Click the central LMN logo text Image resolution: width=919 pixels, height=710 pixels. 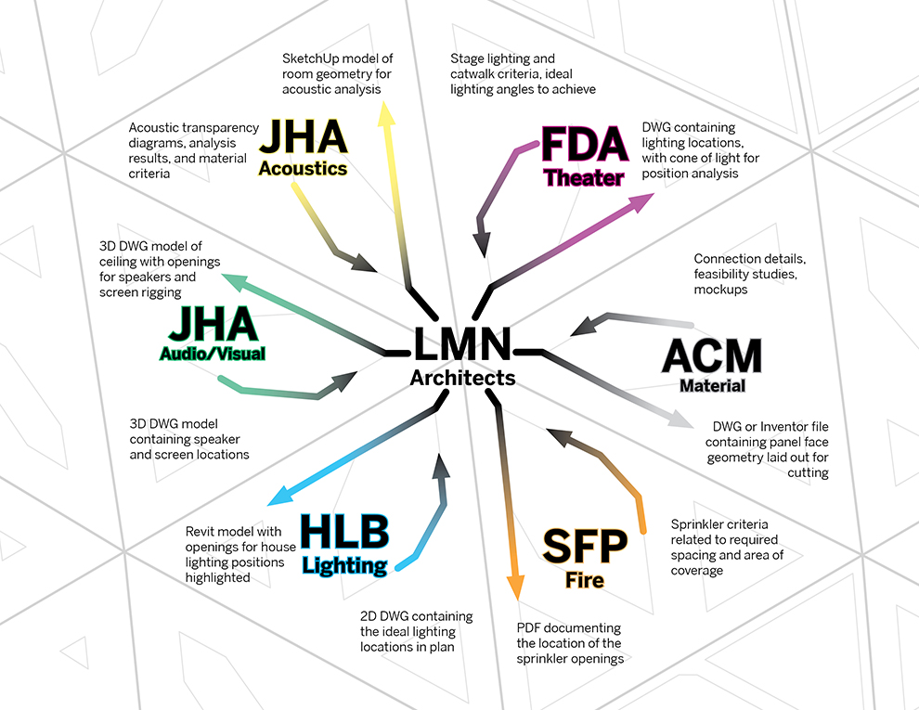(x=462, y=344)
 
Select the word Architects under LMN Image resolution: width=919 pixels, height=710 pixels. (x=462, y=378)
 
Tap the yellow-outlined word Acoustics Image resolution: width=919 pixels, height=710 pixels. (x=303, y=169)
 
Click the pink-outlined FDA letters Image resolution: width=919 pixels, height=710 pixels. (x=582, y=148)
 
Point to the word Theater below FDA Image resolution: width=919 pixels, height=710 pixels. (x=584, y=178)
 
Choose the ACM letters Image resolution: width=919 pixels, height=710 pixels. (x=712, y=356)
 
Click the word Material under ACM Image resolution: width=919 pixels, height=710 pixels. (x=712, y=385)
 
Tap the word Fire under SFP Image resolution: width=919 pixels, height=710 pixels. (x=585, y=581)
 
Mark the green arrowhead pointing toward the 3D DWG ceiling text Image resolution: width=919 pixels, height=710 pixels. (x=232, y=280)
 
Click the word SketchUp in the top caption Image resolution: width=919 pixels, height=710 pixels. (x=311, y=58)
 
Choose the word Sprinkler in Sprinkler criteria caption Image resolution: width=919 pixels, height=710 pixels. (x=697, y=524)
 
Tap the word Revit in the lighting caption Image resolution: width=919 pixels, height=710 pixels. (x=202, y=532)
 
